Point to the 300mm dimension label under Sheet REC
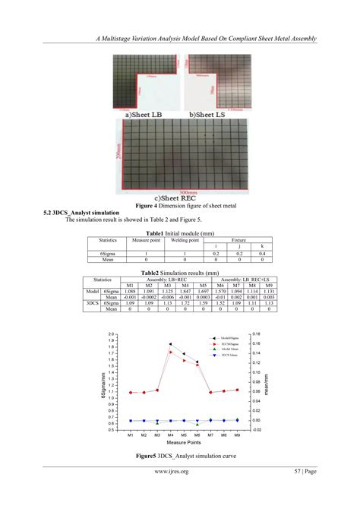tap(188, 191)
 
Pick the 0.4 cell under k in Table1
tap(262, 252)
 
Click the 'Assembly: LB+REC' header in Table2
tap(172, 279)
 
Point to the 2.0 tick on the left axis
tap(112, 334)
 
